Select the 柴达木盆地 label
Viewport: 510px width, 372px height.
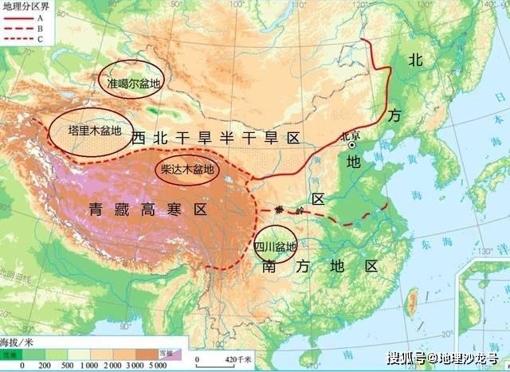186,169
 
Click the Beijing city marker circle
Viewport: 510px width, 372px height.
351,145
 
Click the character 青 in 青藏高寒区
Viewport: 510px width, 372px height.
96,209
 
